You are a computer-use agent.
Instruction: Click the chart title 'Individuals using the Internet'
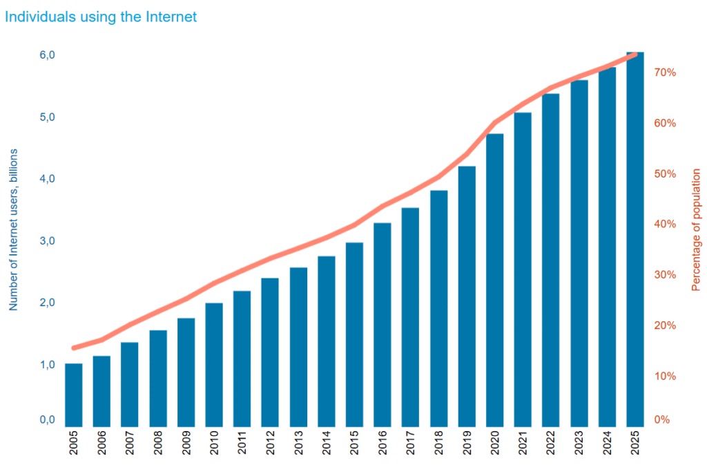[101, 17]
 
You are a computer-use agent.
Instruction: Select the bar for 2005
[74, 395]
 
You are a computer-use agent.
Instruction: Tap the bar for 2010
[214, 364]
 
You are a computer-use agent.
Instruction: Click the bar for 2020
[494, 280]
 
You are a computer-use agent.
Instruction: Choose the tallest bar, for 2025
[635, 239]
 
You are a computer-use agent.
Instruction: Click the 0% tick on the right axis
[661, 419]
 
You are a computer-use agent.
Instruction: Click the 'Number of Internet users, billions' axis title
[13, 229]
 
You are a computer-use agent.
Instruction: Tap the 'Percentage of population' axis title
[696, 229]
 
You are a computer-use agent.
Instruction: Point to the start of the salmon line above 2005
[74, 348]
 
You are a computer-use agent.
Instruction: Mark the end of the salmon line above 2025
[635, 54]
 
